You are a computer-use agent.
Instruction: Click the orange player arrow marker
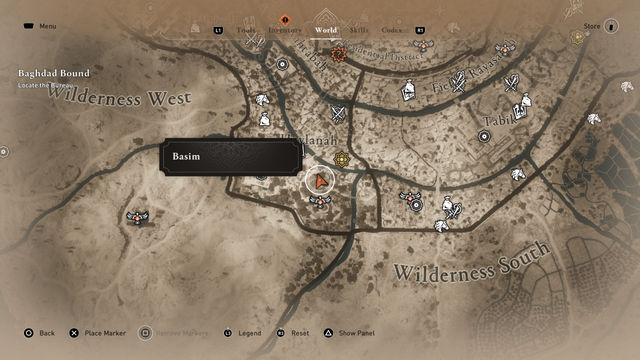click(x=320, y=181)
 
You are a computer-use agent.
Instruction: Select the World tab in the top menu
click(x=326, y=31)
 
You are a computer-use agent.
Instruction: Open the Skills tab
click(x=359, y=31)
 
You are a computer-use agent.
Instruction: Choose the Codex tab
click(x=391, y=31)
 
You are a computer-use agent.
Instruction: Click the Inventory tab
click(x=284, y=31)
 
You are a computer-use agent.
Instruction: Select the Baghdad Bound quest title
click(x=53, y=74)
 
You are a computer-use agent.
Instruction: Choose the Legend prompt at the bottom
click(x=249, y=333)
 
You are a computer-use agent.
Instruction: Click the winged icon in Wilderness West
click(x=137, y=215)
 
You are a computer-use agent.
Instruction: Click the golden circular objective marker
click(x=343, y=158)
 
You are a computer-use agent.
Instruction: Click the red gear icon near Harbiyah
click(x=338, y=53)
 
